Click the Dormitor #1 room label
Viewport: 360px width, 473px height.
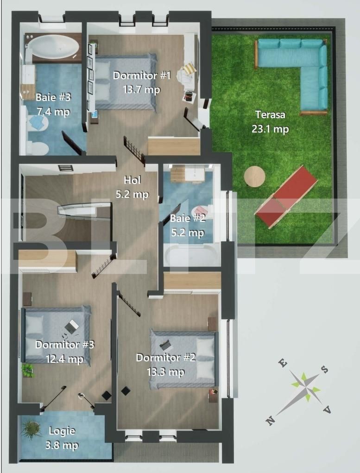point(142,75)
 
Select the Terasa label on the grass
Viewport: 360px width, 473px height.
point(270,115)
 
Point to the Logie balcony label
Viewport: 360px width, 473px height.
point(62,431)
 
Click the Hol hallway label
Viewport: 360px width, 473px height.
point(132,180)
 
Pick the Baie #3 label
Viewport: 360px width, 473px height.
point(53,98)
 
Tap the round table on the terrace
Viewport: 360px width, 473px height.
point(254,177)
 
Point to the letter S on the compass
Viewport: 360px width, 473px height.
point(325,369)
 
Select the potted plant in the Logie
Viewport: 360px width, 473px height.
point(31,429)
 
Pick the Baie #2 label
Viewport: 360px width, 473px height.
point(187,218)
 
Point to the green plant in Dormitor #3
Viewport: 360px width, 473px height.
point(28,370)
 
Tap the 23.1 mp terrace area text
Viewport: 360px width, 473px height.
point(270,129)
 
